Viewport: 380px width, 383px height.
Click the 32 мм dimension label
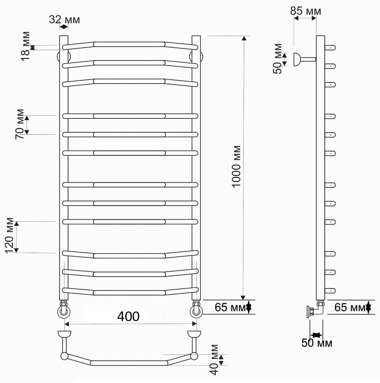pos(64,19)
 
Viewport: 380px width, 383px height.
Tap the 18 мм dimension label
pos(26,46)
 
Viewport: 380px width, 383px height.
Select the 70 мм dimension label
pos(20,124)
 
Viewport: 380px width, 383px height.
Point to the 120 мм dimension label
pos(9,236)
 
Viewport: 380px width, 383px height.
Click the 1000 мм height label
pos(236,167)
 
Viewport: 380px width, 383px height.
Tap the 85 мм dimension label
pos(305,11)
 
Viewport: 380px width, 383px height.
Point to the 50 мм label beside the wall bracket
pos(277,59)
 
